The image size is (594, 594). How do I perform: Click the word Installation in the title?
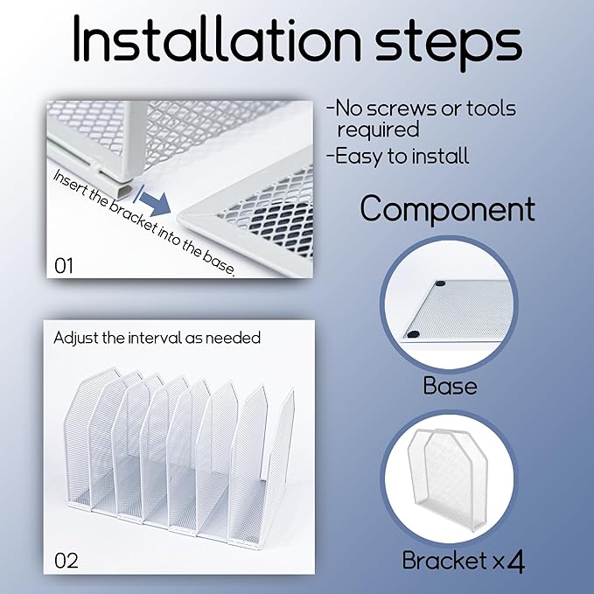pos(217,38)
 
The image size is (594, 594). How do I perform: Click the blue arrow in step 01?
pos(153,200)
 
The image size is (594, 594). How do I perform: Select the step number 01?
pos(64,266)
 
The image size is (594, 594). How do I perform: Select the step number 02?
pos(66,560)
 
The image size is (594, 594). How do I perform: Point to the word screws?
pos(402,108)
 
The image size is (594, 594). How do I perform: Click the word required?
pos(378,130)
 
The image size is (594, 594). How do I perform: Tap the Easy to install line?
pos(398,156)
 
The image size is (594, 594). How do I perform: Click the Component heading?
pos(447,209)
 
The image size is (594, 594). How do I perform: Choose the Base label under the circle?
pos(450,386)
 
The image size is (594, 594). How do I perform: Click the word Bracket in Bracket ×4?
pos(444,560)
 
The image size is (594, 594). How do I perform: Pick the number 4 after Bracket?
pos(515,562)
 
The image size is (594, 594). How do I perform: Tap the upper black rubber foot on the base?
pos(439,283)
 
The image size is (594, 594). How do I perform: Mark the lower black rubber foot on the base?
pos(413,334)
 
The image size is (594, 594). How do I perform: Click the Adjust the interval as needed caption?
pos(157,338)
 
